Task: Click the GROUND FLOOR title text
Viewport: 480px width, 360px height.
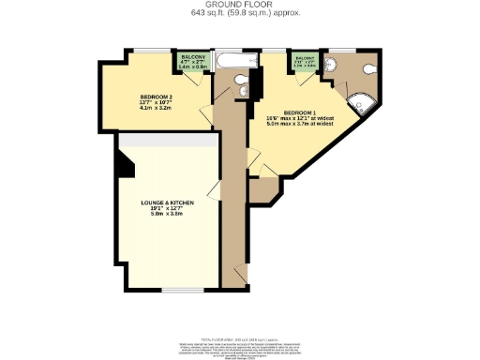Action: point(239,5)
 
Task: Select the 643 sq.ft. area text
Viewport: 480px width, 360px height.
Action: point(239,14)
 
